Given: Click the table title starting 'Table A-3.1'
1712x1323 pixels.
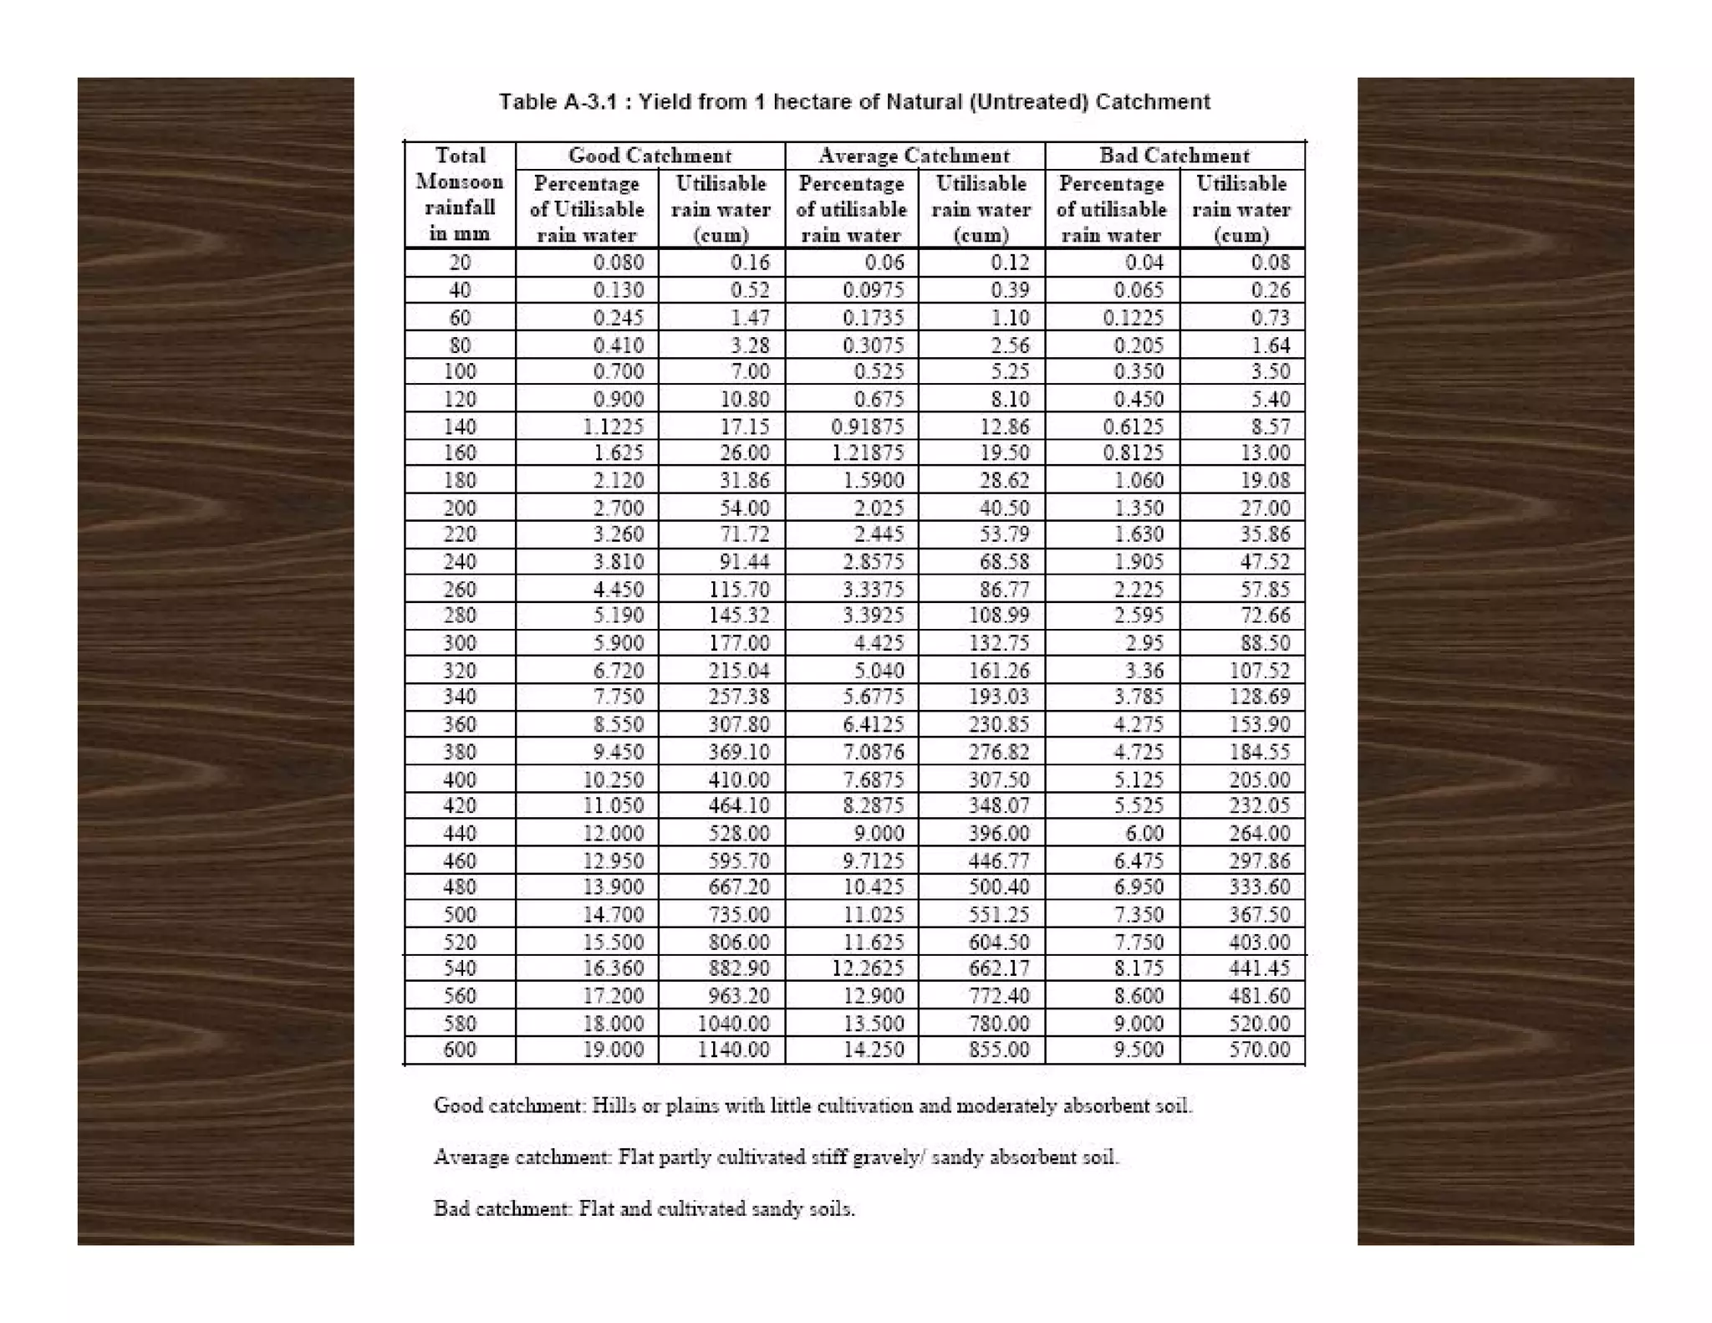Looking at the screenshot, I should (853, 102).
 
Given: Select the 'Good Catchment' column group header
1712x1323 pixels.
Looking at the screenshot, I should (650, 156).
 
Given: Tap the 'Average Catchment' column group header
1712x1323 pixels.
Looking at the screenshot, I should (914, 156).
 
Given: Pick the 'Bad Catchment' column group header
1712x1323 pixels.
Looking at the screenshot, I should (1174, 156).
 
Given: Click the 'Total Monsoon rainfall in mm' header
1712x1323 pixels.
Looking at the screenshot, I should (460, 194).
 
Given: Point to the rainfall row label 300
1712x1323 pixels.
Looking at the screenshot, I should (460, 643).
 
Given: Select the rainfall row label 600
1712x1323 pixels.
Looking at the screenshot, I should (460, 1050).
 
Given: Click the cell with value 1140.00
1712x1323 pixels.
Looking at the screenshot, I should (733, 1050).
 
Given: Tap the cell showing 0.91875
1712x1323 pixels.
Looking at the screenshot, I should (867, 427).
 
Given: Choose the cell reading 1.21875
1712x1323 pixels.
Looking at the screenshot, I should (867, 453).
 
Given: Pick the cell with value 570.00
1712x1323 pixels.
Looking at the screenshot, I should (1259, 1050).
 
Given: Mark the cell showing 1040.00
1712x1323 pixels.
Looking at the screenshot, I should (733, 1023).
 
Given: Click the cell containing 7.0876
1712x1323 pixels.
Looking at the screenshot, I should (873, 751).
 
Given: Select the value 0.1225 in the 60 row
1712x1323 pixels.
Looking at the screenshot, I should (1133, 318).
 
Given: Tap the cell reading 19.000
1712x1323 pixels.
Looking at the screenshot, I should (613, 1050).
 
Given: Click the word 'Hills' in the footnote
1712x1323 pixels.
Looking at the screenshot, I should (611, 1106).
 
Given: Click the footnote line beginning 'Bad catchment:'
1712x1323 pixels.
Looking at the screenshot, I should (644, 1208).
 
